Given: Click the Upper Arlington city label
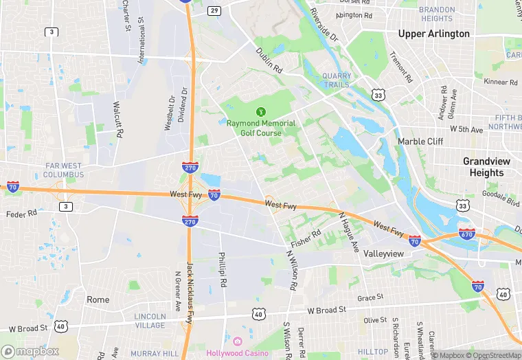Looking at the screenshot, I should point(435,34).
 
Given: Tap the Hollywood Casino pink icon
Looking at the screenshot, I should point(238,341).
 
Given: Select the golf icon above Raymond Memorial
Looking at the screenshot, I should point(261,112).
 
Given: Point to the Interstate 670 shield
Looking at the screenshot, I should point(467,234).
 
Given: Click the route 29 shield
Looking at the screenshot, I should point(214,10).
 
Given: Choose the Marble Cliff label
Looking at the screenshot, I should point(420,142).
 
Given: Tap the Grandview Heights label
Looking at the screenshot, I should point(487,167).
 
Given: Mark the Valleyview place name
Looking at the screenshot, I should point(387,253).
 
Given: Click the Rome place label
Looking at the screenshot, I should point(98,300).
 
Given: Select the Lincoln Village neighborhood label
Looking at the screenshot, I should point(150,321).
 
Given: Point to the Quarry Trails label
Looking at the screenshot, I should point(336,80).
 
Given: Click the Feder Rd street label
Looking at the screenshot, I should point(21,214).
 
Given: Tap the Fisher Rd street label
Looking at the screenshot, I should point(306,238).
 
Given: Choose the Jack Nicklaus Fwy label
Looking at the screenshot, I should point(190,282).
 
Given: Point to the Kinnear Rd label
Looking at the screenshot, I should point(499,82).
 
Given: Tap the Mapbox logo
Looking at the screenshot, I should point(30,351).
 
